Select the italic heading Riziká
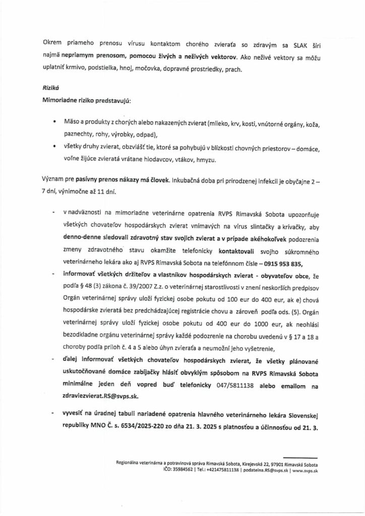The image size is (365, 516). (51, 86)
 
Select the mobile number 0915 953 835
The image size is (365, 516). (293, 263)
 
